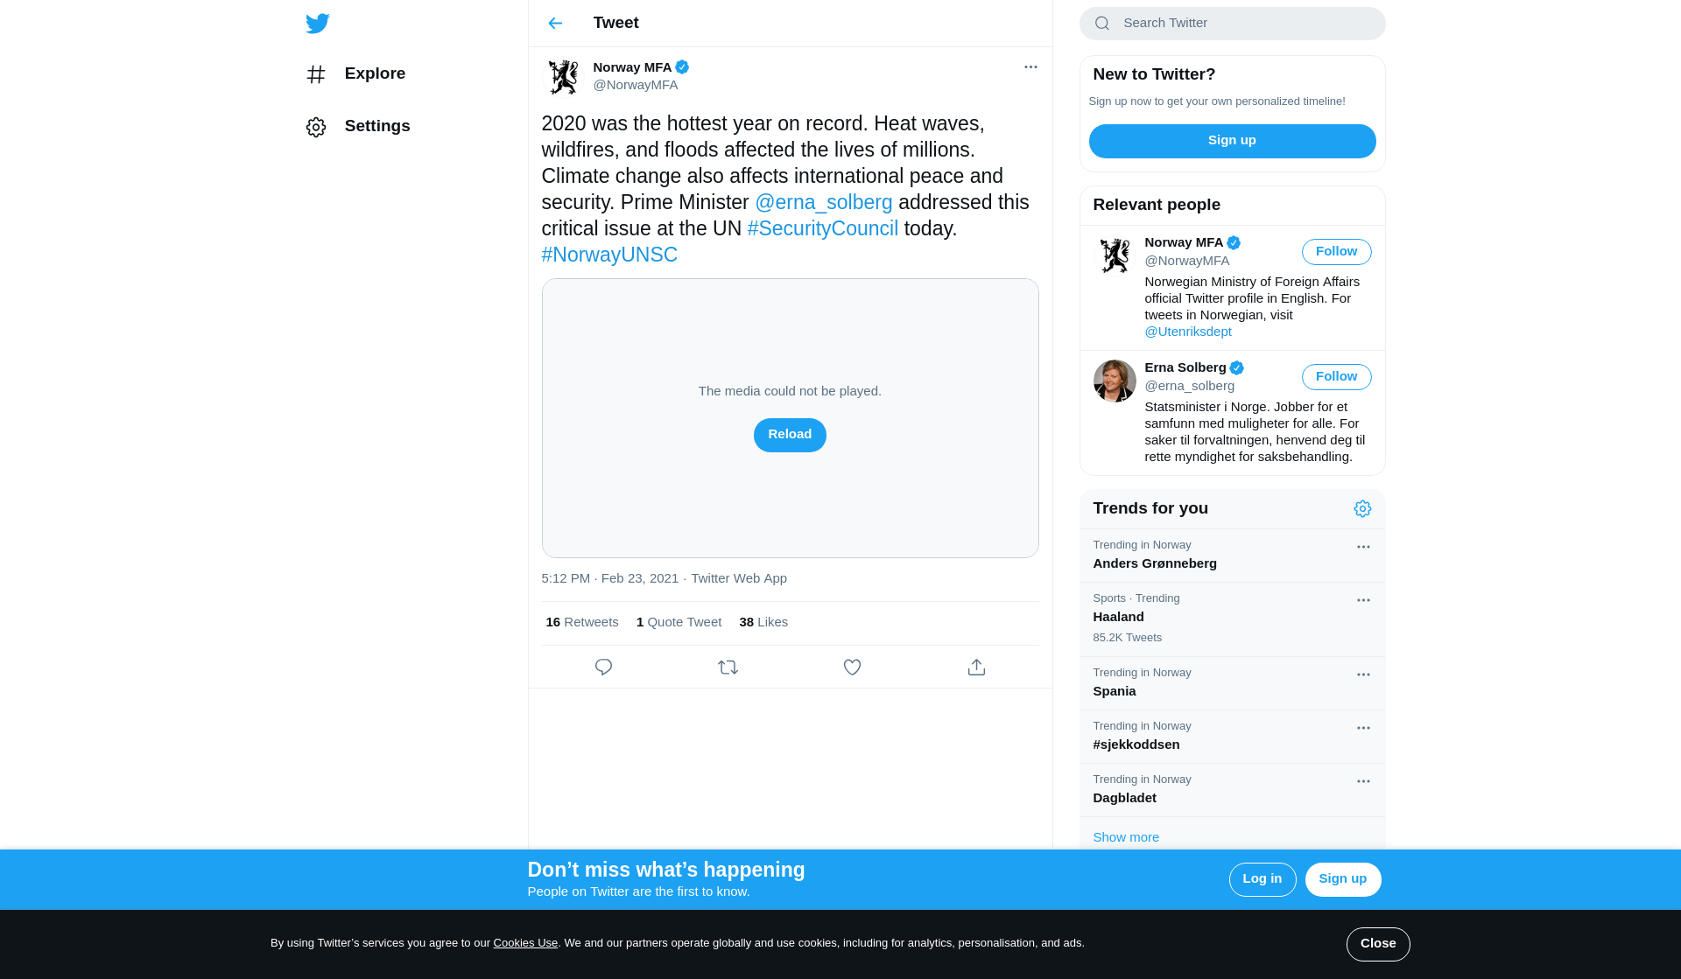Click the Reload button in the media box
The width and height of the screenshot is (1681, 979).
789,435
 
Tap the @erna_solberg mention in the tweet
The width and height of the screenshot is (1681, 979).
823,202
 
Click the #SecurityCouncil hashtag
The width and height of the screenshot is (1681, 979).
822,228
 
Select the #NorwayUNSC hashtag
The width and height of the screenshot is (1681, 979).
609,255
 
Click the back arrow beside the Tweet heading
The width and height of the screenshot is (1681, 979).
555,23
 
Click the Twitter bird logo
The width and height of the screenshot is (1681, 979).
318,24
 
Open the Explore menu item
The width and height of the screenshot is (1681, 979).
374,73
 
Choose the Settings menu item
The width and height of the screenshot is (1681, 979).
376,126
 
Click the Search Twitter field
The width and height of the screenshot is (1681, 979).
1243,23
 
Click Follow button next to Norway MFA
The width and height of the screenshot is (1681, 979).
1336,252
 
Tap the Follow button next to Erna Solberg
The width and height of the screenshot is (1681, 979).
1336,377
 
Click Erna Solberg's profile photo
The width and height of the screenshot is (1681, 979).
1115,381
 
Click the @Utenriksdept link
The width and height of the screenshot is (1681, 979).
1187,332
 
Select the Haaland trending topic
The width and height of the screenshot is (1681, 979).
1118,617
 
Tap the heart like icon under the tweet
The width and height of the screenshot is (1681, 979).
852,668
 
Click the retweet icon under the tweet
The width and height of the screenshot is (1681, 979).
728,668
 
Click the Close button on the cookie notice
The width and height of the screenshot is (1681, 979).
1377,944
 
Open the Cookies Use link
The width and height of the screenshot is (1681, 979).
525,943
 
